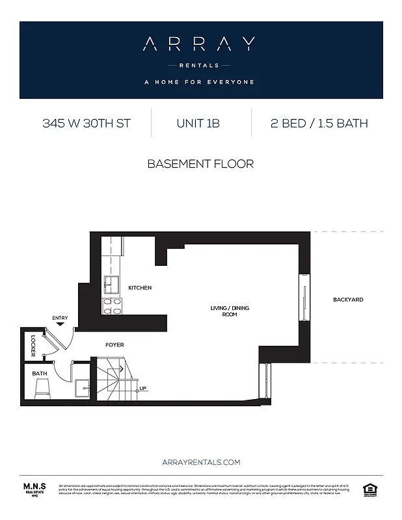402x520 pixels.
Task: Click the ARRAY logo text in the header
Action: tap(199, 44)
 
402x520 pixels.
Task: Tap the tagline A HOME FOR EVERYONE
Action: tap(199, 82)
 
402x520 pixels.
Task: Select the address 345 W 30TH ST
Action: tap(87, 123)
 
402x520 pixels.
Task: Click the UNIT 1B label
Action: tap(198, 123)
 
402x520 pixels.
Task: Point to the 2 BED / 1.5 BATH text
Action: tap(319, 123)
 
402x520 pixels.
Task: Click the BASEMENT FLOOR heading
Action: tap(200, 164)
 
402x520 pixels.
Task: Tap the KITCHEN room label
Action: tap(140, 287)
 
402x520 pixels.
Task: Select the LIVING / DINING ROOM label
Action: tap(229, 311)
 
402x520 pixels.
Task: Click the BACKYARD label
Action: tap(348, 300)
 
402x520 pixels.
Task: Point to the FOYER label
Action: tap(114, 344)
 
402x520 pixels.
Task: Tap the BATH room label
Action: tap(39, 374)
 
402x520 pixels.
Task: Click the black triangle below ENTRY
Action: tap(60, 324)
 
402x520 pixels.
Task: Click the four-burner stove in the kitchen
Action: tap(112, 306)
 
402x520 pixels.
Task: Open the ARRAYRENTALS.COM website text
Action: tap(201, 462)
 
